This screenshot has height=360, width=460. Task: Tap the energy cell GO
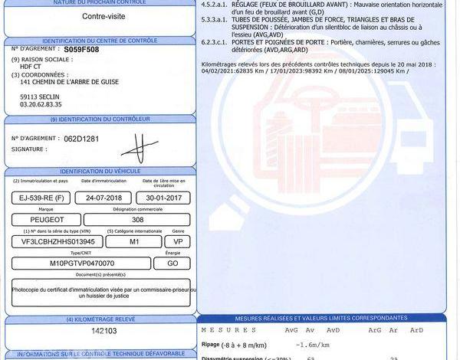[x=173, y=263]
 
